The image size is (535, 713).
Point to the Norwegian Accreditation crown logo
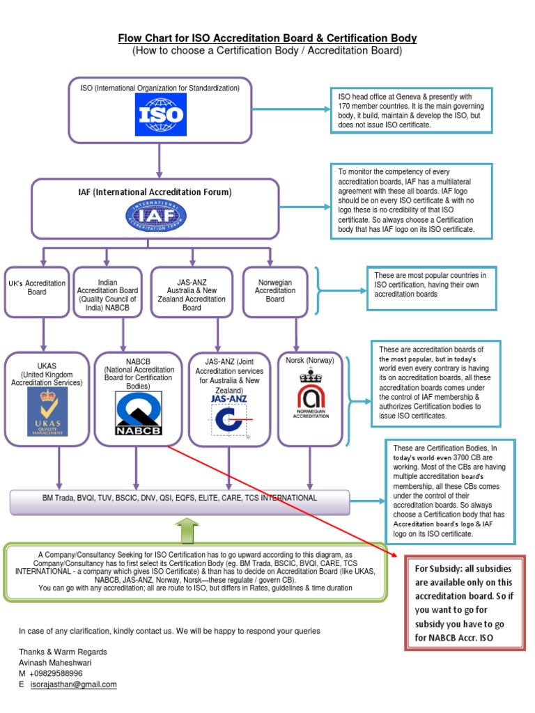coord(309,397)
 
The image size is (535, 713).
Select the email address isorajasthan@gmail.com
coord(73,684)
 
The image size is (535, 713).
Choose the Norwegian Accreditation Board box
coord(274,291)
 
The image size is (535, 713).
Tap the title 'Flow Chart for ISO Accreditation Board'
coord(267,38)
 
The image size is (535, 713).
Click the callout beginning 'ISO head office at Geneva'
coord(410,111)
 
